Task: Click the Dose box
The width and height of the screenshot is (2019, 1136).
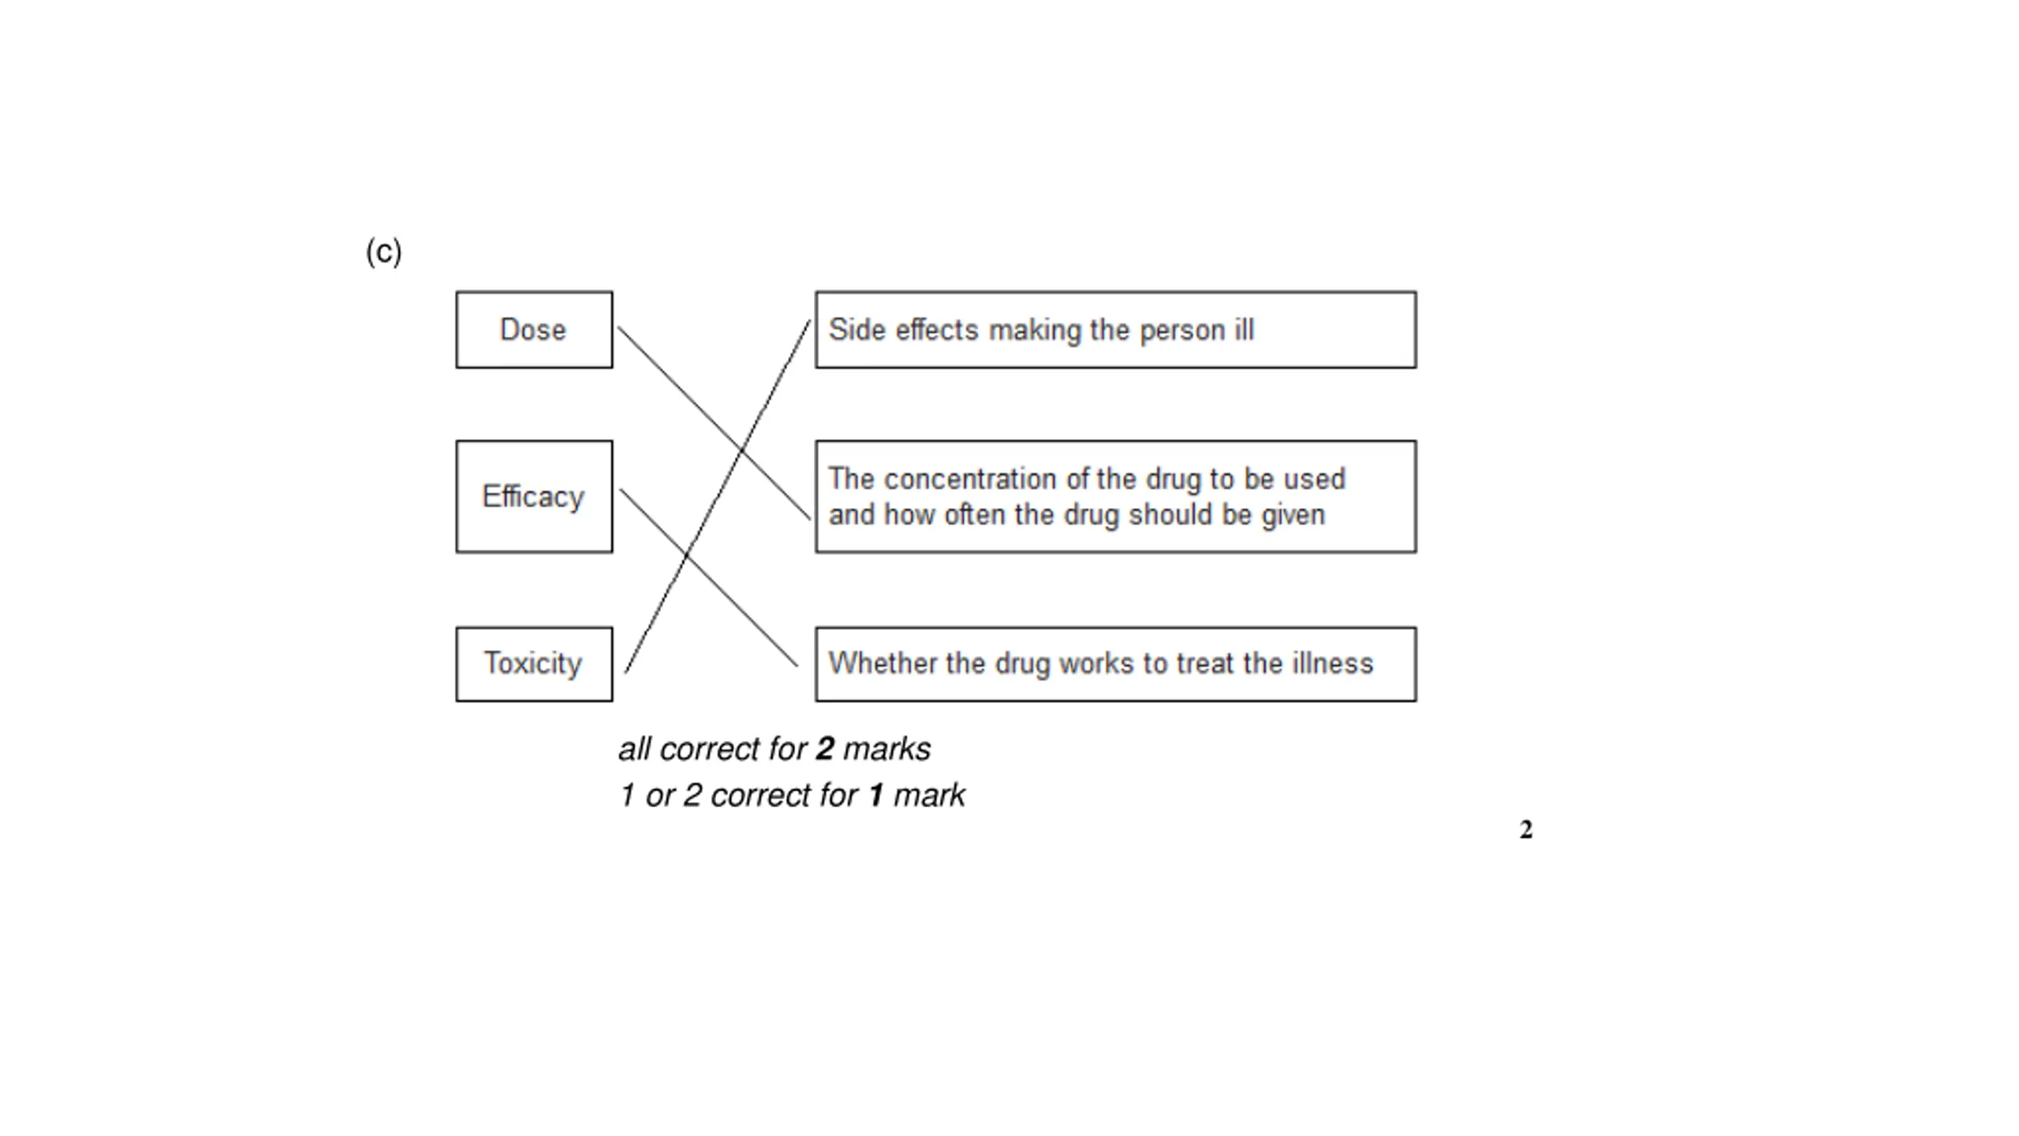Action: (x=533, y=330)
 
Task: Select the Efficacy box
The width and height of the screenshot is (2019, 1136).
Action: (x=533, y=496)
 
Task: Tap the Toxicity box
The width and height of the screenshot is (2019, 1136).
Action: (x=533, y=663)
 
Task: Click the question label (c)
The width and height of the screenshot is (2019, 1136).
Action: (x=383, y=252)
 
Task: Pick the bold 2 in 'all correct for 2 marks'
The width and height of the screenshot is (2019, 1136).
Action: (x=825, y=749)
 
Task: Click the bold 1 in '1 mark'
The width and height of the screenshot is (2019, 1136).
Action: (x=875, y=795)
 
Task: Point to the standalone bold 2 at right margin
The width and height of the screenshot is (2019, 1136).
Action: (x=1526, y=830)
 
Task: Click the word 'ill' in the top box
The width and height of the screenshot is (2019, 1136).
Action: (x=1245, y=330)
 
